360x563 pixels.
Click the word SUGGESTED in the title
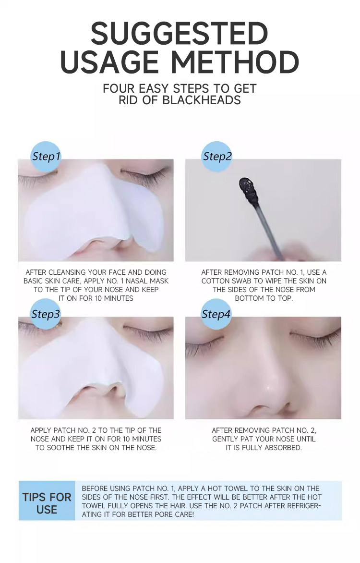coord(179,34)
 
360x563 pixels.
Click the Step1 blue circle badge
coord(46,157)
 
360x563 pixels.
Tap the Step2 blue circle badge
coord(217,157)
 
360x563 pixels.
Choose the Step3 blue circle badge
coord(46,314)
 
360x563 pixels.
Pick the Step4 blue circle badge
coord(216,314)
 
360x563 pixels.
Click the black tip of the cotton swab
coord(247,185)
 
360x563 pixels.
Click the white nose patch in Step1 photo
coord(96,207)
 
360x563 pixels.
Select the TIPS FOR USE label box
coord(47,503)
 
